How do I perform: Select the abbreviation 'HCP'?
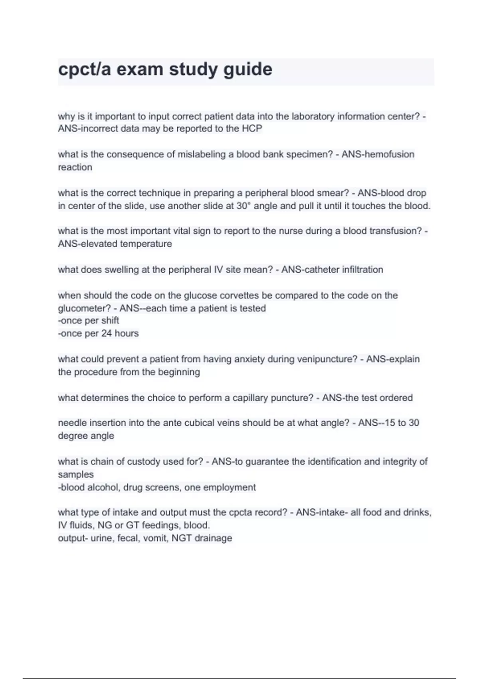[252, 129]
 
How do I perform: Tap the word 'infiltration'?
[362, 270]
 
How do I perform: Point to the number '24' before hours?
[107, 333]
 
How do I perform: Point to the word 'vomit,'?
[156, 538]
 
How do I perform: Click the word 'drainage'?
[213, 538]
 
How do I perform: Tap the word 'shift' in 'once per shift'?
[111, 320]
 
